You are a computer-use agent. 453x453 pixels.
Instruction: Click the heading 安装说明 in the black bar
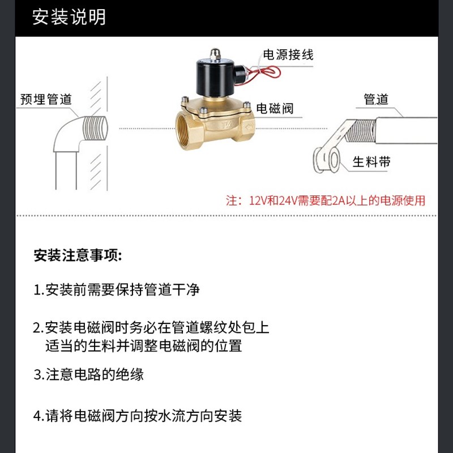pyautogui.click(x=69, y=18)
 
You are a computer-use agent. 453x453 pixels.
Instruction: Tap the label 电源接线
pyautogui.click(x=288, y=55)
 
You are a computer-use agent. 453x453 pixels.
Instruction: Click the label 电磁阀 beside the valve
pyautogui.click(x=275, y=109)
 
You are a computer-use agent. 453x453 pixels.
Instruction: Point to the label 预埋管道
pyautogui.click(x=46, y=100)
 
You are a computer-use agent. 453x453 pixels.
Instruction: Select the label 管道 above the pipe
pyautogui.click(x=376, y=100)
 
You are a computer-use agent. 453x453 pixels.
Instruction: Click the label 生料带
pyautogui.click(x=371, y=162)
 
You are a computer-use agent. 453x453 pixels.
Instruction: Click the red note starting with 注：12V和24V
pyautogui.click(x=326, y=200)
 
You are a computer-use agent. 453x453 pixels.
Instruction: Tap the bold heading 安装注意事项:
pyautogui.click(x=78, y=255)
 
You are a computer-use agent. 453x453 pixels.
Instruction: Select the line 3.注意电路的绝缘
pyautogui.click(x=89, y=374)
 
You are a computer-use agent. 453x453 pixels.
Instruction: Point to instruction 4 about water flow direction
pyautogui.click(x=138, y=416)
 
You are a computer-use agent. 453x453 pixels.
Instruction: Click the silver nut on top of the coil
pyautogui.click(x=215, y=54)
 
